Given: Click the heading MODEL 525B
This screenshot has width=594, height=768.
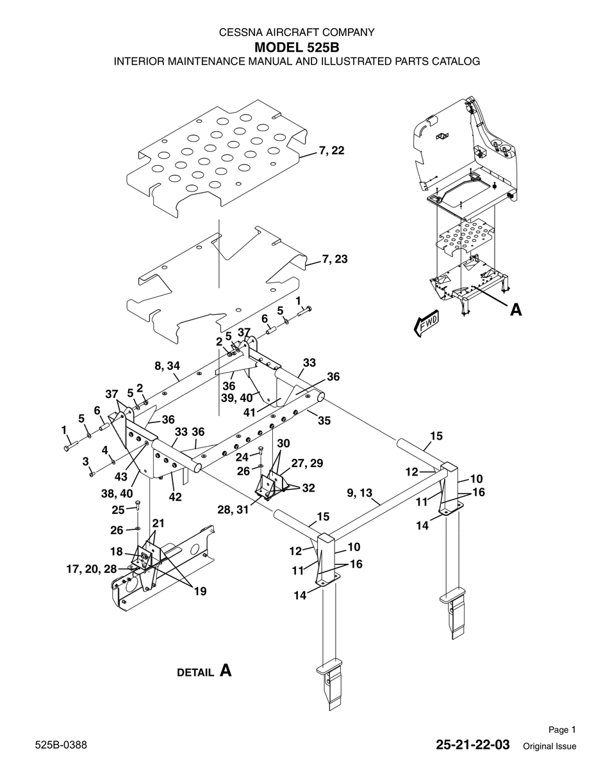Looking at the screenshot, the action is pyautogui.click(x=297, y=47).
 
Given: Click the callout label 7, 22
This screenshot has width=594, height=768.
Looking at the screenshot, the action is pyautogui.click(x=331, y=151).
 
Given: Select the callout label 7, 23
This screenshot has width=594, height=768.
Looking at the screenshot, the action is pyautogui.click(x=334, y=259).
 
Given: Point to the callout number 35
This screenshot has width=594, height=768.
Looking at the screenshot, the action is pyautogui.click(x=324, y=420).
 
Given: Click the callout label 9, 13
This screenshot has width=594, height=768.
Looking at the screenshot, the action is pyautogui.click(x=359, y=493).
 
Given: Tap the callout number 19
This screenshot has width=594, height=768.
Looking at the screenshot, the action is pyautogui.click(x=200, y=591).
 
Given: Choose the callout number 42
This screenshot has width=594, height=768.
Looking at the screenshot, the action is pyautogui.click(x=175, y=497).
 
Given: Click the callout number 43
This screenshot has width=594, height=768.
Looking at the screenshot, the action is pyautogui.click(x=120, y=477).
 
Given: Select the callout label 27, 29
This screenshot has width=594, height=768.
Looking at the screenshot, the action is pyautogui.click(x=307, y=463).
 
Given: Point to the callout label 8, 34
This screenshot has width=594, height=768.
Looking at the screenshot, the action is pyautogui.click(x=167, y=366).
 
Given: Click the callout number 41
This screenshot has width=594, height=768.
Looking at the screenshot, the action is pyautogui.click(x=249, y=412).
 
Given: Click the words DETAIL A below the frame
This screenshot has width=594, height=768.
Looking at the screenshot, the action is pyautogui.click(x=204, y=671).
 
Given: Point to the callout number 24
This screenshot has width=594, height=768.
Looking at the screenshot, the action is pyautogui.click(x=242, y=458).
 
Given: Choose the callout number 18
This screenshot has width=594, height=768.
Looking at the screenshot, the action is pyautogui.click(x=116, y=552).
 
